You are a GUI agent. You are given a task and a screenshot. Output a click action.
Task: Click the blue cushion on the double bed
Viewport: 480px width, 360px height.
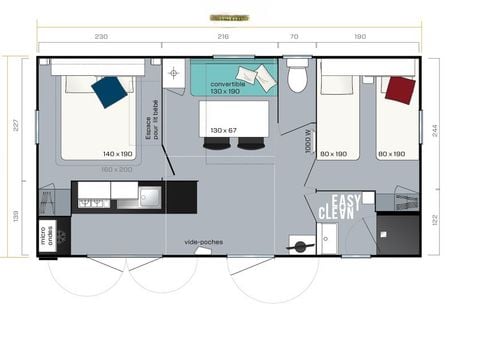click(x=109, y=91)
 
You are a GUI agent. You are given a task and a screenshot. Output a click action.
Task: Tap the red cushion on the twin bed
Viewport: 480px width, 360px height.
click(x=399, y=90)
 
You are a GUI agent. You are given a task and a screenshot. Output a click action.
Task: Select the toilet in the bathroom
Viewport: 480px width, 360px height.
click(x=297, y=76)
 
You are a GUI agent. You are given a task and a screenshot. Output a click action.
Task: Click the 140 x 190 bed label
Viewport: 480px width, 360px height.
click(x=118, y=153)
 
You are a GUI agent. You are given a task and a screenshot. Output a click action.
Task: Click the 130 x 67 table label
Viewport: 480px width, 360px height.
click(x=223, y=130)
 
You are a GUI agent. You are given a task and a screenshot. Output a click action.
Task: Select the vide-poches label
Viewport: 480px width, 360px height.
click(x=203, y=241)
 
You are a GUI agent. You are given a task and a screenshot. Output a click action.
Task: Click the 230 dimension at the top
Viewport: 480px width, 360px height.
click(x=101, y=36)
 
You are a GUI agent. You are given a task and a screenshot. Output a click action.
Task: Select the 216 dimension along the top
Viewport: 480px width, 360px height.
click(x=223, y=36)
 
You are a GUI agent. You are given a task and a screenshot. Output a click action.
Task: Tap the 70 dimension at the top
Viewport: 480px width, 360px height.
click(x=294, y=36)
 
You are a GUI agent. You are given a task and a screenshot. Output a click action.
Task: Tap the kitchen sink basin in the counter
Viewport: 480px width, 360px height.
click(x=149, y=196)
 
